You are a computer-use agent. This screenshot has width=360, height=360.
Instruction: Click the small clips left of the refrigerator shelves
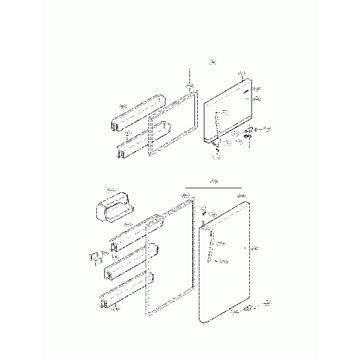[95, 258]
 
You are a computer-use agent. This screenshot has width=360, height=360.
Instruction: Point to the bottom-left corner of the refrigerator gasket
[148, 313]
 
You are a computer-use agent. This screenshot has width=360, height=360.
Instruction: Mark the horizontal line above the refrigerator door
[213, 186]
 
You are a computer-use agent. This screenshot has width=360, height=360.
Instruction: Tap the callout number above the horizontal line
[213, 181]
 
